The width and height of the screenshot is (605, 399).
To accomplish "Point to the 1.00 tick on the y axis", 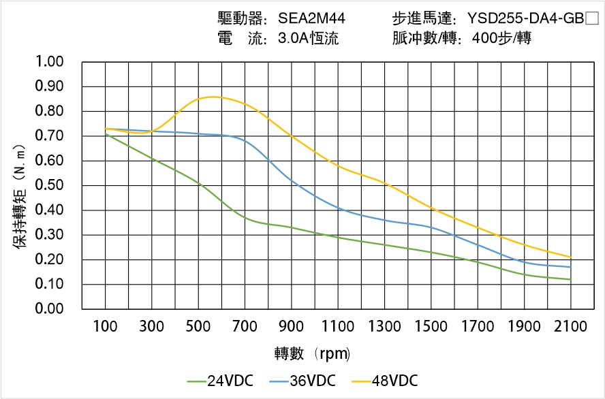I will click(49, 62).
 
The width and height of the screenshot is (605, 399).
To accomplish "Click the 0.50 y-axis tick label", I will click(49, 185).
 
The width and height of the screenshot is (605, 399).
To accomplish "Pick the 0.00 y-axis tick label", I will click(49, 309).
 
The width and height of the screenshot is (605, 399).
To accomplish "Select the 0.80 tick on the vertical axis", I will click(49, 111).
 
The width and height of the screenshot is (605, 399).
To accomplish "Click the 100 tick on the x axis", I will click(105, 327).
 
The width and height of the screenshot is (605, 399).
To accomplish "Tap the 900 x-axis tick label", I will click(292, 327).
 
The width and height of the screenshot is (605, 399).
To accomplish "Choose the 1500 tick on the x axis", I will click(431, 327).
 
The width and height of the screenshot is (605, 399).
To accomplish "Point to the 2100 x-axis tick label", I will click(571, 327).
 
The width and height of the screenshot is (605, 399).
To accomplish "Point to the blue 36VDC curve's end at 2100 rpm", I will click(570, 267).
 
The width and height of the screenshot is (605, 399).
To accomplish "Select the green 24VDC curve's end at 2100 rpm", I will click(570, 279).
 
